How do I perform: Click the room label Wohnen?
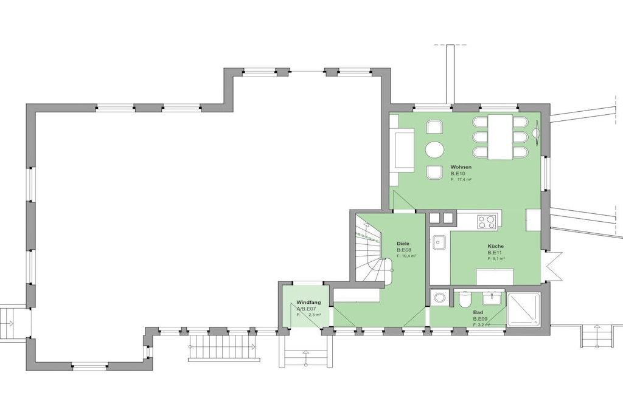[x=461, y=167]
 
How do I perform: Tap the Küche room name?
[x=495, y=246]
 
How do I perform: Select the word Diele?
[x=403, y=244]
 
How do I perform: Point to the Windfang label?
[x=308, y=303]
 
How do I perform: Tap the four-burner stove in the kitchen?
[x=486, y=222]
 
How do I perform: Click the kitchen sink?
[x=439, y=242]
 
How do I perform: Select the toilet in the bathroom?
[x=464, y=300]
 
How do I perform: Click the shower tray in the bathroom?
[x=524, y=309]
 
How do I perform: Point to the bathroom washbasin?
[x=493, y=298]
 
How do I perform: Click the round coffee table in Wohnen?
[x=434, y=150]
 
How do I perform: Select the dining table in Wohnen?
[x=500, y=137]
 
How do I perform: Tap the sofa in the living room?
[x=402, y=150]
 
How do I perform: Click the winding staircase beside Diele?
[x=372, y=249]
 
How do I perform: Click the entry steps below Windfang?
[x=305, y=352]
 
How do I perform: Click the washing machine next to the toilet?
[x=439, y=297]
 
